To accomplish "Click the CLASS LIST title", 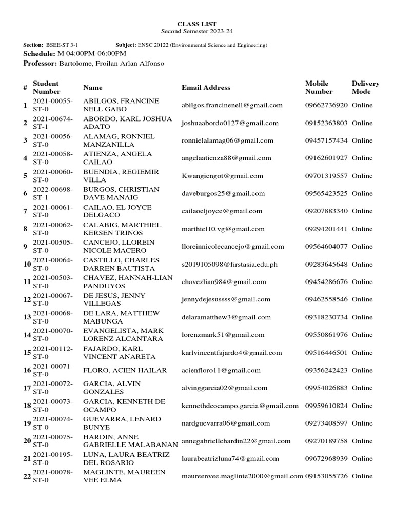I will (197, 24).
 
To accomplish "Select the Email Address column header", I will (206, 88).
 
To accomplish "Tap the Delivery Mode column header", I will (365, 88).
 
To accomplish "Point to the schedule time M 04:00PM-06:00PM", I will (92, 54).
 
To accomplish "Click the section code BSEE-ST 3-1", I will (62, 45).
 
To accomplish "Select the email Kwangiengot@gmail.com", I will (223, 176).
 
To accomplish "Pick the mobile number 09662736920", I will (326, 105).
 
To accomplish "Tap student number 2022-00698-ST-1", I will (53, 193).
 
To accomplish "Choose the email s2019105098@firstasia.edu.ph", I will (229, 264).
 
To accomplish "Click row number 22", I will (27, 476).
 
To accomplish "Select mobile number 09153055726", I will (326, 476).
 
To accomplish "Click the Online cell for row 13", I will (362, 317).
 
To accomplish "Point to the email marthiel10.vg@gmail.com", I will (223, 229).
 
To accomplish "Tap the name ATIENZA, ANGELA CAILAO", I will (117, 158).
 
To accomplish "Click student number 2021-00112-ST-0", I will (53, 352).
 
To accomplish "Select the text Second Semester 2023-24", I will (197, 31).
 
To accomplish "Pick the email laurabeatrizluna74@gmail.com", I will (230, 458).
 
